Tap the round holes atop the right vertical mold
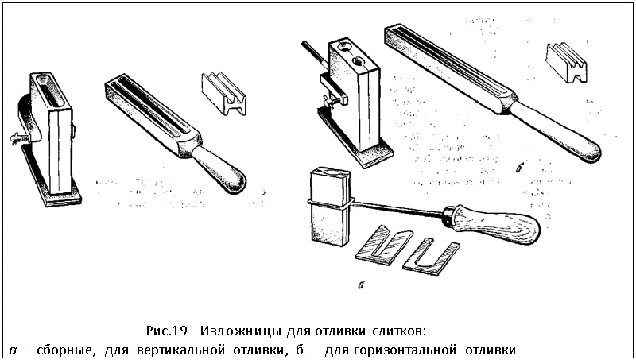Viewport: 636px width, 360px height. coord(351,54)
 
